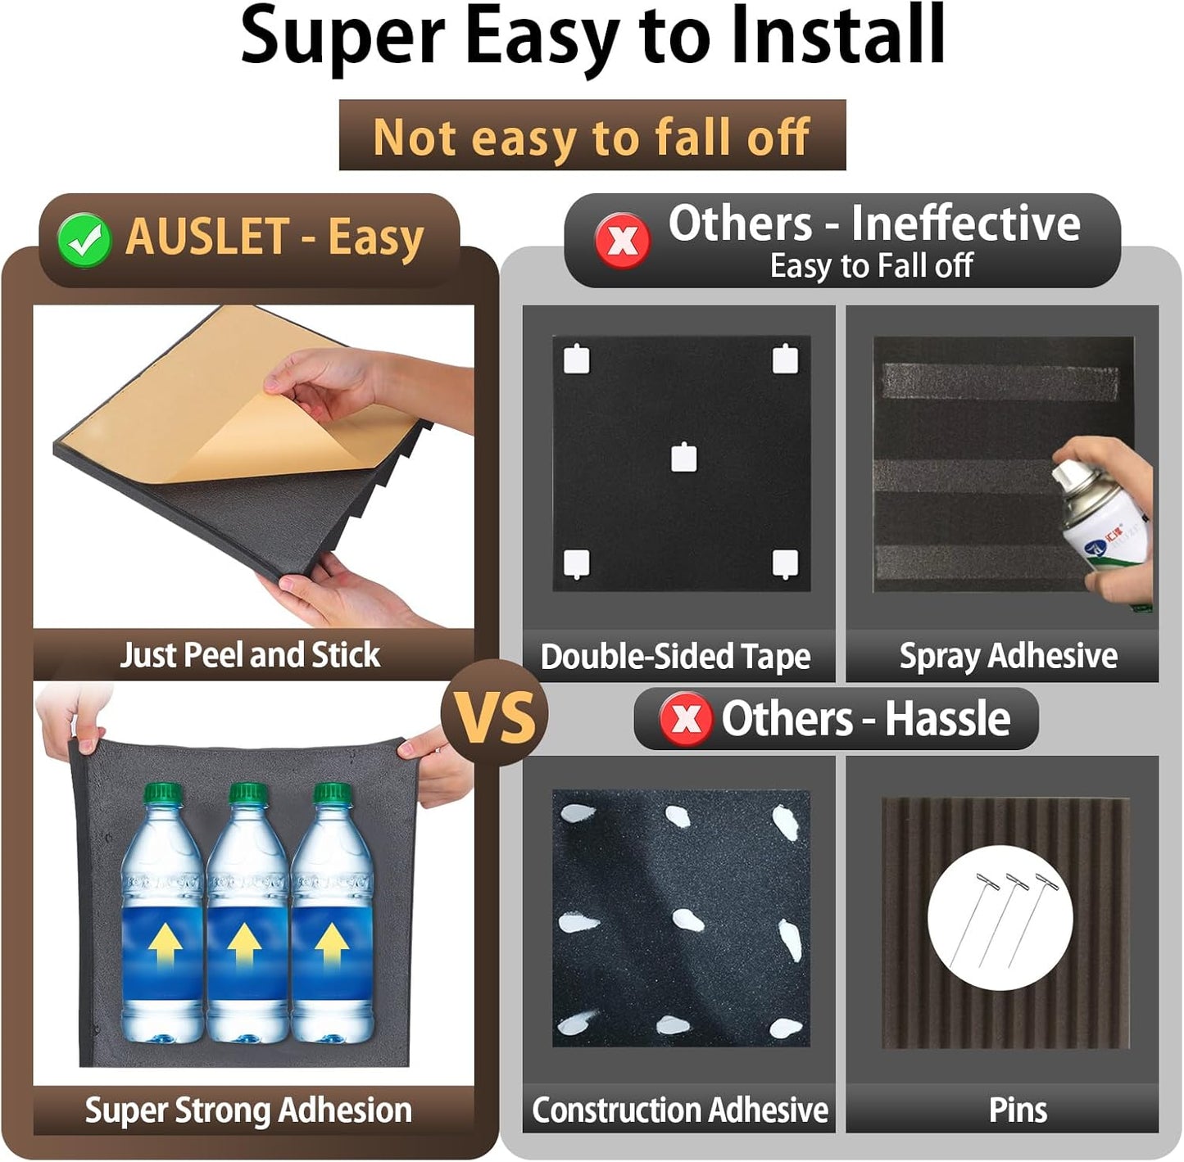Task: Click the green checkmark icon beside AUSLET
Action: pos(84,240)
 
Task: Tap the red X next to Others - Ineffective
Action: pos(623,241)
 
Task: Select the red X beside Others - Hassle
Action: pos(686,719)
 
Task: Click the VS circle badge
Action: pos(495,712)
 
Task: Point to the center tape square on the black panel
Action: pos(683,458)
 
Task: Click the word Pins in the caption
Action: pos(1018,1110)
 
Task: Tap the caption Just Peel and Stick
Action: pos(250,655)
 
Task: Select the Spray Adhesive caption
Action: pos(1009,657)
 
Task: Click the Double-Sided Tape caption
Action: pos(675,657)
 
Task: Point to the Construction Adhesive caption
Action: pos(680,1110)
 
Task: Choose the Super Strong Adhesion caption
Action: pos(249,1110)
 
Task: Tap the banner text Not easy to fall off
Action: pos(592,138)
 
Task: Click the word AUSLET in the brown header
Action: pos(207,237)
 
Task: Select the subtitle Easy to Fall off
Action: pos(871,266)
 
